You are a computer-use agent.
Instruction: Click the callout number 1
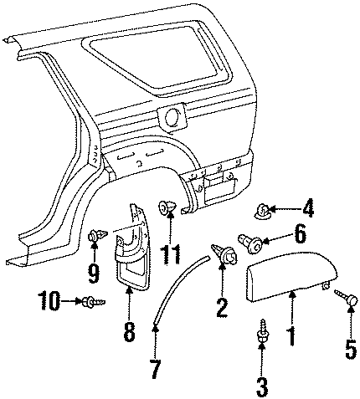[291, 336]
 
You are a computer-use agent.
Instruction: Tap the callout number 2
[222, 307]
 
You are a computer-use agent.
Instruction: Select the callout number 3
[262, 387]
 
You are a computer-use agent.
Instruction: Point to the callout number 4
[307, 207]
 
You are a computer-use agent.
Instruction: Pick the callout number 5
[351, 350]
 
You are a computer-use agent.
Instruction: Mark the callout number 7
[155, 369]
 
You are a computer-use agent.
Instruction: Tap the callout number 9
[94, 273]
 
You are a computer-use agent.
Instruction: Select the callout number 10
[49, 301]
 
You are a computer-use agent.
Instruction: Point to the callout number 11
[170, 254]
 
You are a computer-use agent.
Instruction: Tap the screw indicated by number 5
[347, 297]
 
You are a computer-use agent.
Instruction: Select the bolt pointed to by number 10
[94, 301]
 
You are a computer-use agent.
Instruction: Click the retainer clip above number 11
[167, 207]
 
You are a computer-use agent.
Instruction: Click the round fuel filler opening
[174, 117]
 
